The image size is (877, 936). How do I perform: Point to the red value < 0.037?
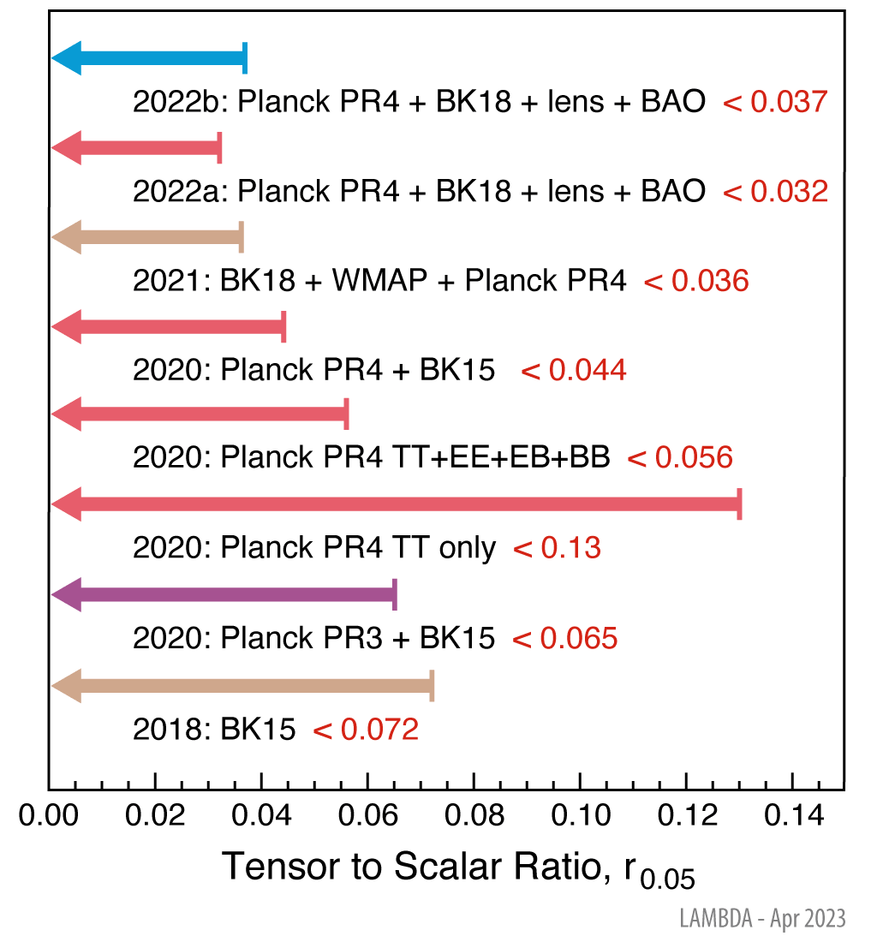[776, 102]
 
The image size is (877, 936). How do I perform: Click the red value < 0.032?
[776, 191]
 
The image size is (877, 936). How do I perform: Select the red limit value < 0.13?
[557, 548]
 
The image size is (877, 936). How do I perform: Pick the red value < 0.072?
[366, 730]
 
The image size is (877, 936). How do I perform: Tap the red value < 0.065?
[564, 638]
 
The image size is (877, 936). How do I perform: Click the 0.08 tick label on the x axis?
[474, 815]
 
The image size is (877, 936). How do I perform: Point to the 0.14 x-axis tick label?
[792, 815]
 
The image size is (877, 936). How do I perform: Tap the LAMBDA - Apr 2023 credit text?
[762, 919]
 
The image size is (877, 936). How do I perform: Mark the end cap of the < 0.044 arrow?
[283, 327]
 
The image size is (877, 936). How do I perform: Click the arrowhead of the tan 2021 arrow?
[67, 236]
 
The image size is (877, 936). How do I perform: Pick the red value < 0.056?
[681, 458]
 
